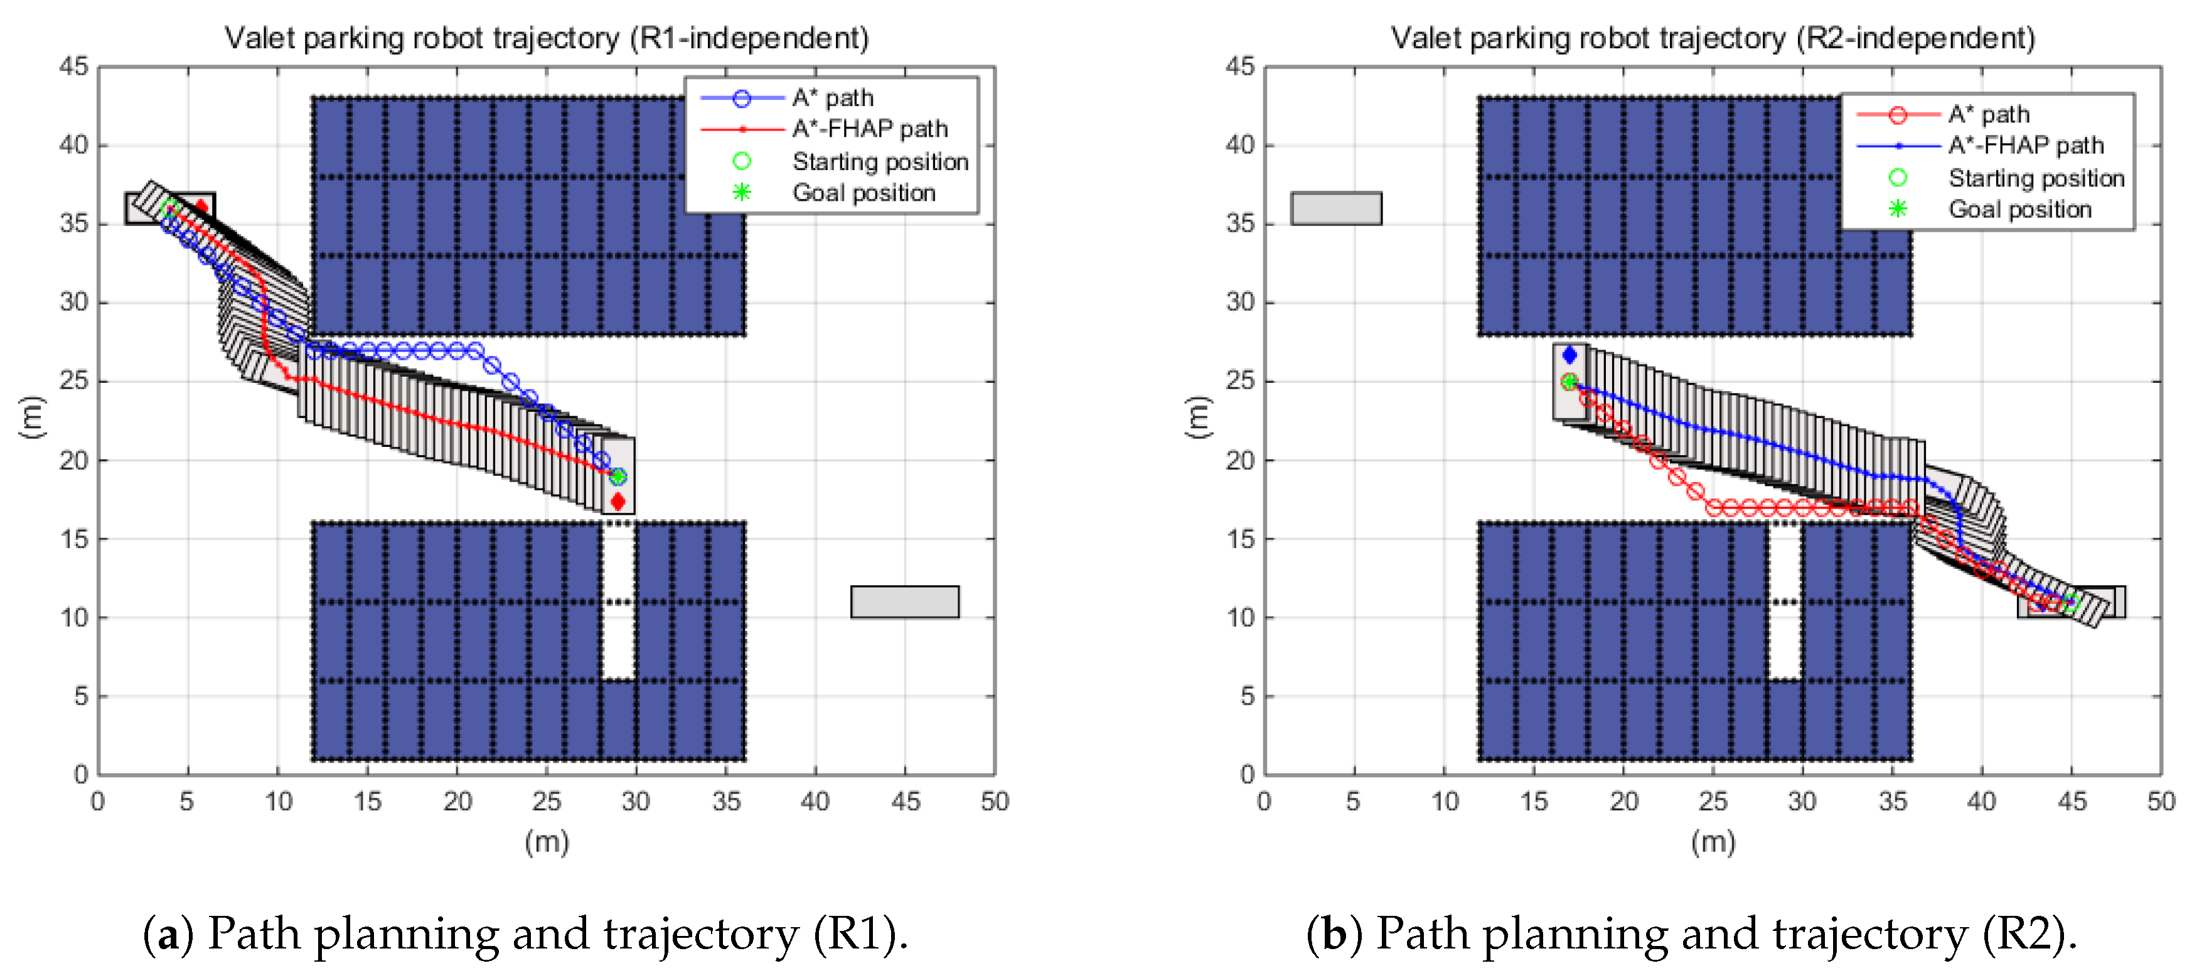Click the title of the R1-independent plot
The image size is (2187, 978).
coord(546,38)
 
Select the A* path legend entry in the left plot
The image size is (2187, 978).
coord(832,99)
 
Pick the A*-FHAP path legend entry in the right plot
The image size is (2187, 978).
coord(2025,146)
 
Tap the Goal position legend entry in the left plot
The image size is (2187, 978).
coord(863,193)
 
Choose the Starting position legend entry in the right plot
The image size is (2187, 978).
coord(2035,178)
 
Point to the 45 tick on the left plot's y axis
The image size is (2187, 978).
coord(74,66)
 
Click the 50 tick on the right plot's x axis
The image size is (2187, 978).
coord(2160,802)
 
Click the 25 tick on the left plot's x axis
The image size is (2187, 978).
coord(546,802)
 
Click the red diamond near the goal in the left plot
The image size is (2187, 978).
coord(618,502)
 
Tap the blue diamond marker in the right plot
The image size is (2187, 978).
coord(1569,355)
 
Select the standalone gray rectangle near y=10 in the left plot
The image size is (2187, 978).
coord(905,602)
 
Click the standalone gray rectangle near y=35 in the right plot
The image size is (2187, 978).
coord(1336,208)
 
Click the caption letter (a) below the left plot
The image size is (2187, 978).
coord(168,934)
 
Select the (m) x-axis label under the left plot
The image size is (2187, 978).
coord(546,842)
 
